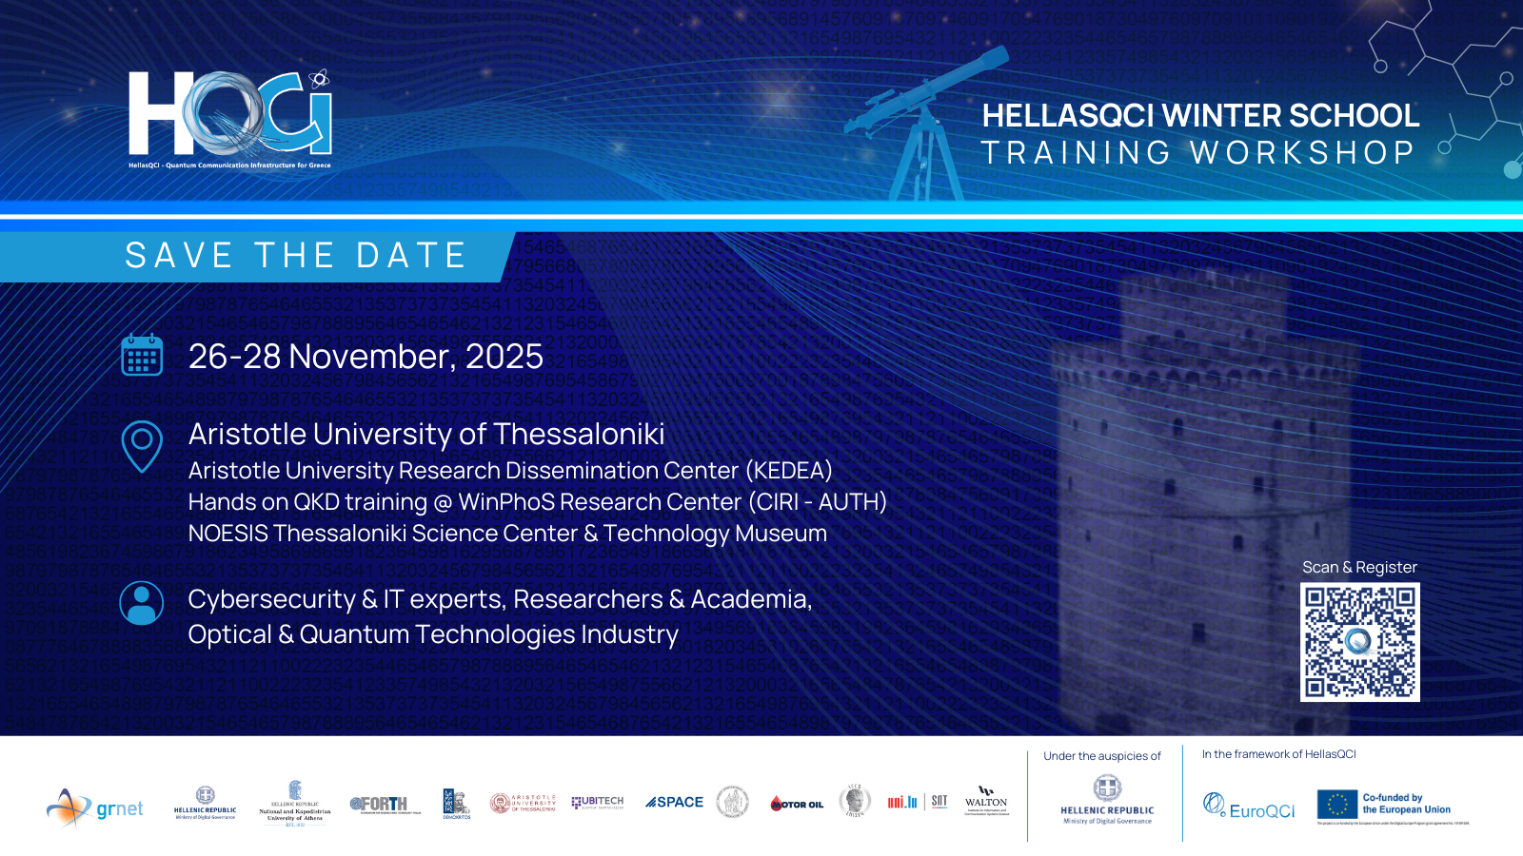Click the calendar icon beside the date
142,356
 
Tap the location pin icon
142,445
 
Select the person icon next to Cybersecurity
142,603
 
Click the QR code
1359,642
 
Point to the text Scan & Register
1359,568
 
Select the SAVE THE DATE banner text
295,256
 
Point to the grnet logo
95,808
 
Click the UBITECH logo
598,803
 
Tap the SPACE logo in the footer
674,803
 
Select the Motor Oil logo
797,805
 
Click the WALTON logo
986,801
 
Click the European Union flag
1336,805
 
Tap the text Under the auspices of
1102,757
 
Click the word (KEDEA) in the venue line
789,471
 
